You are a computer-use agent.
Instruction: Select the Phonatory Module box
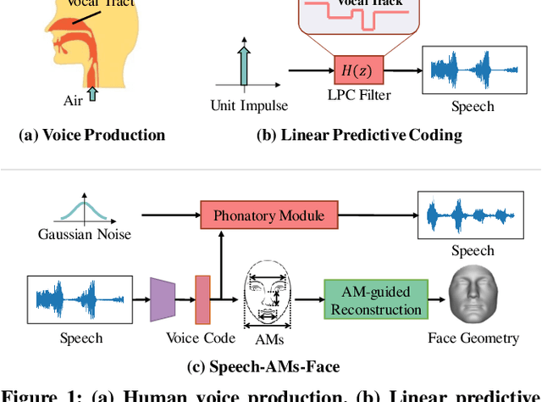coord(268,215)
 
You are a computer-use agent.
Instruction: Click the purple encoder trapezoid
coord(163,299)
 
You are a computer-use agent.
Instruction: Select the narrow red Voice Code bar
coord(202,299)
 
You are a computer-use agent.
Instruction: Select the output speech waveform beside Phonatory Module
coord(473,215)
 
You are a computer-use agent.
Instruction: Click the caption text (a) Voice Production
coord(91,135)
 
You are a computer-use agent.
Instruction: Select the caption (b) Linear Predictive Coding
coord(359,135)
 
